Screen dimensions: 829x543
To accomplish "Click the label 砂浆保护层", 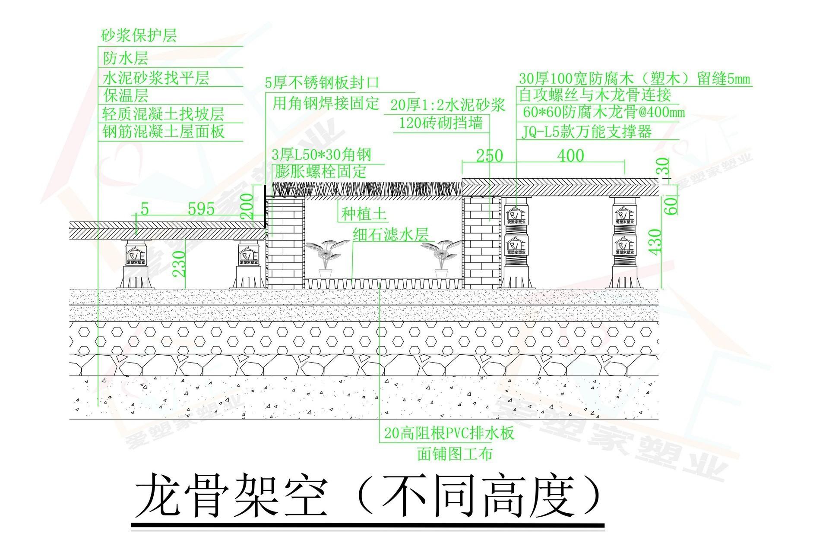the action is (139, 36).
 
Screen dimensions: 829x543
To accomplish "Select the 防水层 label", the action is (126, 58).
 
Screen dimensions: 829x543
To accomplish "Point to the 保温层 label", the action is (126, 95).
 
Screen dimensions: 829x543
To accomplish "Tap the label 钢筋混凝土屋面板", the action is (164, 131).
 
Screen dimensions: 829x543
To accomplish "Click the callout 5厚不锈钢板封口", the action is (322, 82).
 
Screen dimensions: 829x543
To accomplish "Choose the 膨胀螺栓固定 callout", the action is (320, 171).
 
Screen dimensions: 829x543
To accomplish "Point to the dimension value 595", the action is (201, 209).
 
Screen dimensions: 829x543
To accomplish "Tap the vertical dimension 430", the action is (655, 242).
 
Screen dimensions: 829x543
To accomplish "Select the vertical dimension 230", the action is (178, 264).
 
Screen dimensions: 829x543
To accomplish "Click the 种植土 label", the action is (364, 214).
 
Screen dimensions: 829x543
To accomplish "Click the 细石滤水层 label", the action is (391, 234).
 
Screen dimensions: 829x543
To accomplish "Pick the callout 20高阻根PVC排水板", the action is (449, 433).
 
